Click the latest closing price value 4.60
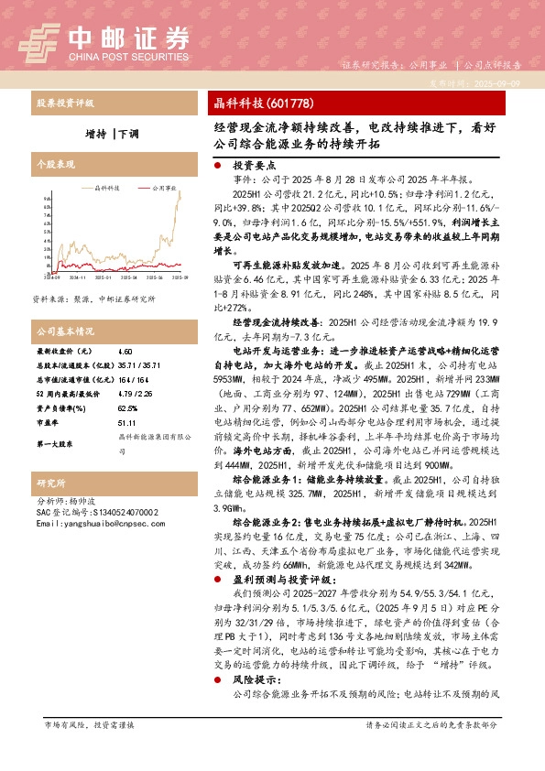click(x=125, y=351)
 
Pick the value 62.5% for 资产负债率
click(x=128, y=408)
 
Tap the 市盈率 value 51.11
click(x=127, y=423)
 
